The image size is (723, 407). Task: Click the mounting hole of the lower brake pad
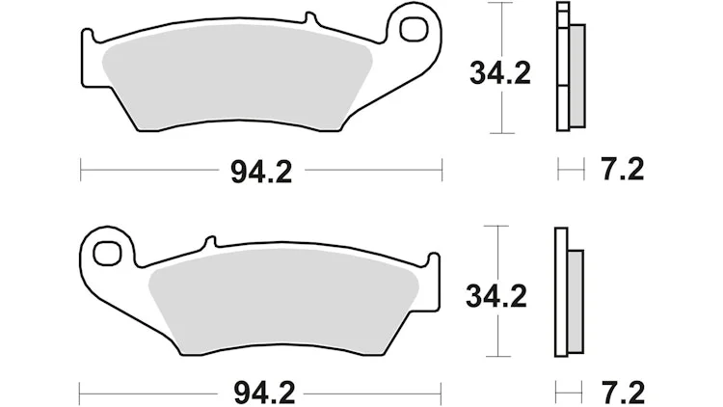pyautogui.click(x=106, y=253)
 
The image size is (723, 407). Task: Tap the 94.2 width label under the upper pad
pyautogui.click(x=261, y=172)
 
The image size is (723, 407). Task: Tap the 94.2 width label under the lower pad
pyautogui.click(x=264, y=393)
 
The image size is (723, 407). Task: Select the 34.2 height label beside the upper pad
pyautogui.click(x=500, y=73)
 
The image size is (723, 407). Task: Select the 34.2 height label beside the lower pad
pyautogui.click(x=496, y=296)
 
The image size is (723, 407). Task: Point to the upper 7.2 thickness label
pyautogui.click(x=622, y=169)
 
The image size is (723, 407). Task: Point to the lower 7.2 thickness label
pyautogui.click(x=623, y=393)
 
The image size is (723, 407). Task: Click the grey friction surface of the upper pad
pyautogui.click(x=235, y=78)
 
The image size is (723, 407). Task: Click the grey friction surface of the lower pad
pyautogui.click(x=283, y=302)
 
